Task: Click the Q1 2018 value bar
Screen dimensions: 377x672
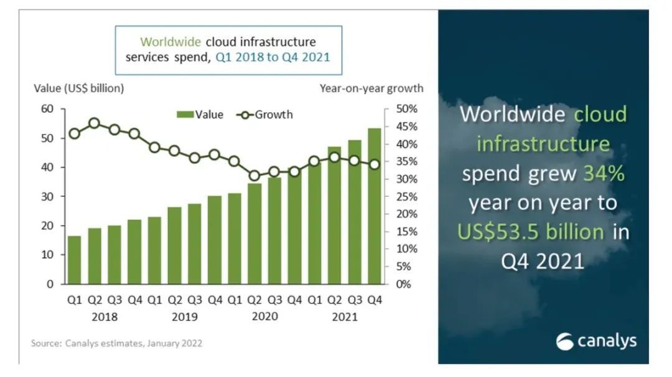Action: (x=74, y=260)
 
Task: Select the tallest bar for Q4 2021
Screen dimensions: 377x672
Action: (x=375, y=206)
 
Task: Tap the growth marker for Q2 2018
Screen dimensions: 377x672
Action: (x=95, y=123)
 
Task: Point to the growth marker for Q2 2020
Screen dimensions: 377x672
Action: (x=254, y=176)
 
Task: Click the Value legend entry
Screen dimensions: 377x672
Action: (x=200, y=115)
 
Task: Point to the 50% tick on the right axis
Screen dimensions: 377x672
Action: (x=403, y=109)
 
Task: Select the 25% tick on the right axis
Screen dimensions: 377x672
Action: (x=403, y=197)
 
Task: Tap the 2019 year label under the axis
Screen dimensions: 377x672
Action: (x=185, y=317)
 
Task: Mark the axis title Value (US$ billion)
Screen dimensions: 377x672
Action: (x=78, y=88)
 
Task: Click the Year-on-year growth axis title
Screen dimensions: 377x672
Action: (x=371, y=88)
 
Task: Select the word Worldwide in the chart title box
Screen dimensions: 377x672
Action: (x=170, y=42)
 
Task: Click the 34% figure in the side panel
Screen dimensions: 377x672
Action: (x=604, y=174)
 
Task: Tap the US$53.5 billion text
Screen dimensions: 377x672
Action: (x=531, y=232)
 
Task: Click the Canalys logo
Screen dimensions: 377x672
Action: (x=596, y=341)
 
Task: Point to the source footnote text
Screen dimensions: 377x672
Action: (x=116, y=343)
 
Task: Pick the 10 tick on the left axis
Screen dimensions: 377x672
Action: (x=49, y=255)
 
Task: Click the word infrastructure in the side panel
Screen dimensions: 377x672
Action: (x=543, y=145)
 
